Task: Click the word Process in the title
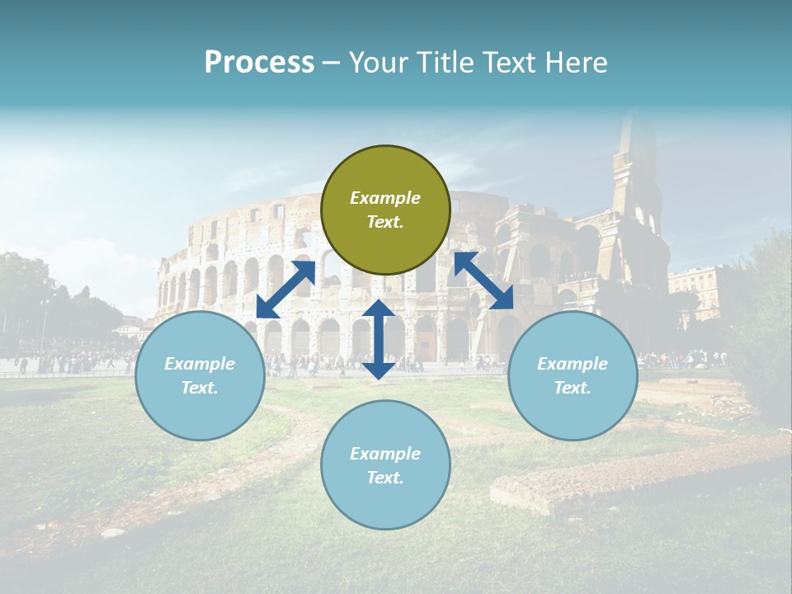[x=259, y=63]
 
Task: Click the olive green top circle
[x=385, y=210]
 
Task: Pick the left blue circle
[x=200, y=375]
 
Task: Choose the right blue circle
[x=573, y=375]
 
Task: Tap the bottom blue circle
[x=385, y=465]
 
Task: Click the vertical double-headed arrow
[x=379, y=339]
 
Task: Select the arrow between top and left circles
[x=285, y=289]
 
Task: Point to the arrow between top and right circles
[x=483, y=280]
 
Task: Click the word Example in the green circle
[x=385, y=198]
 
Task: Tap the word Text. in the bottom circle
[x=385, y=478]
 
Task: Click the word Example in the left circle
[x=200, y=364]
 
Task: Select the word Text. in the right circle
[x=573, y=388]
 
